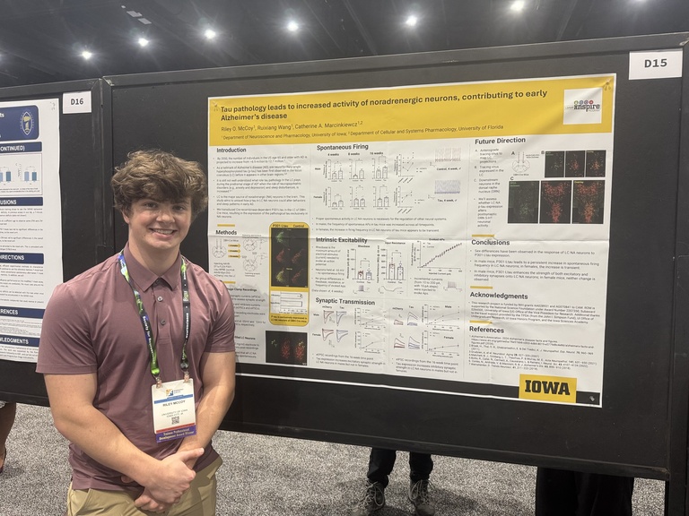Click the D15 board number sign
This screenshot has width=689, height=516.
pyautogui.click(x=655, y=64)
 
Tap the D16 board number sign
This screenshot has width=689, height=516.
pyautogui.click(x=76, y=102)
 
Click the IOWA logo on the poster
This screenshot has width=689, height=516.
pyautogui.click(x=547, y=388)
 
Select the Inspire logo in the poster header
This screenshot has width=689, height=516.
pyautogui.click(x=582, y=106)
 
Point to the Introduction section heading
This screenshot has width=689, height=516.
pyautogui.click(x=231, y=150)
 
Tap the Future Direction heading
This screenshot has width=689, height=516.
pyautogui.click(x=500, y=142)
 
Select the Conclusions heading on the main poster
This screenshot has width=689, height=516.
pyautogui.click(x=490, y=242)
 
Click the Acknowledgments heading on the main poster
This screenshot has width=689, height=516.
pyautogui.click(x=499, y=295)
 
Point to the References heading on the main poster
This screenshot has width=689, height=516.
pyautogui.click(x=487, y=329)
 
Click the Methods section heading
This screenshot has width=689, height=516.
pyautogui.click(x=226, y=232)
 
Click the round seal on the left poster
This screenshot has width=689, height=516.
pyautogui.click(x=27, y=123)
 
